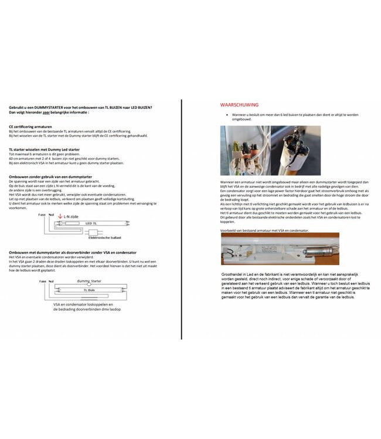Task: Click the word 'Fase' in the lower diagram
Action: [x=42, y=282]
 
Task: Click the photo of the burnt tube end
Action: [x=296, y=152]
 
